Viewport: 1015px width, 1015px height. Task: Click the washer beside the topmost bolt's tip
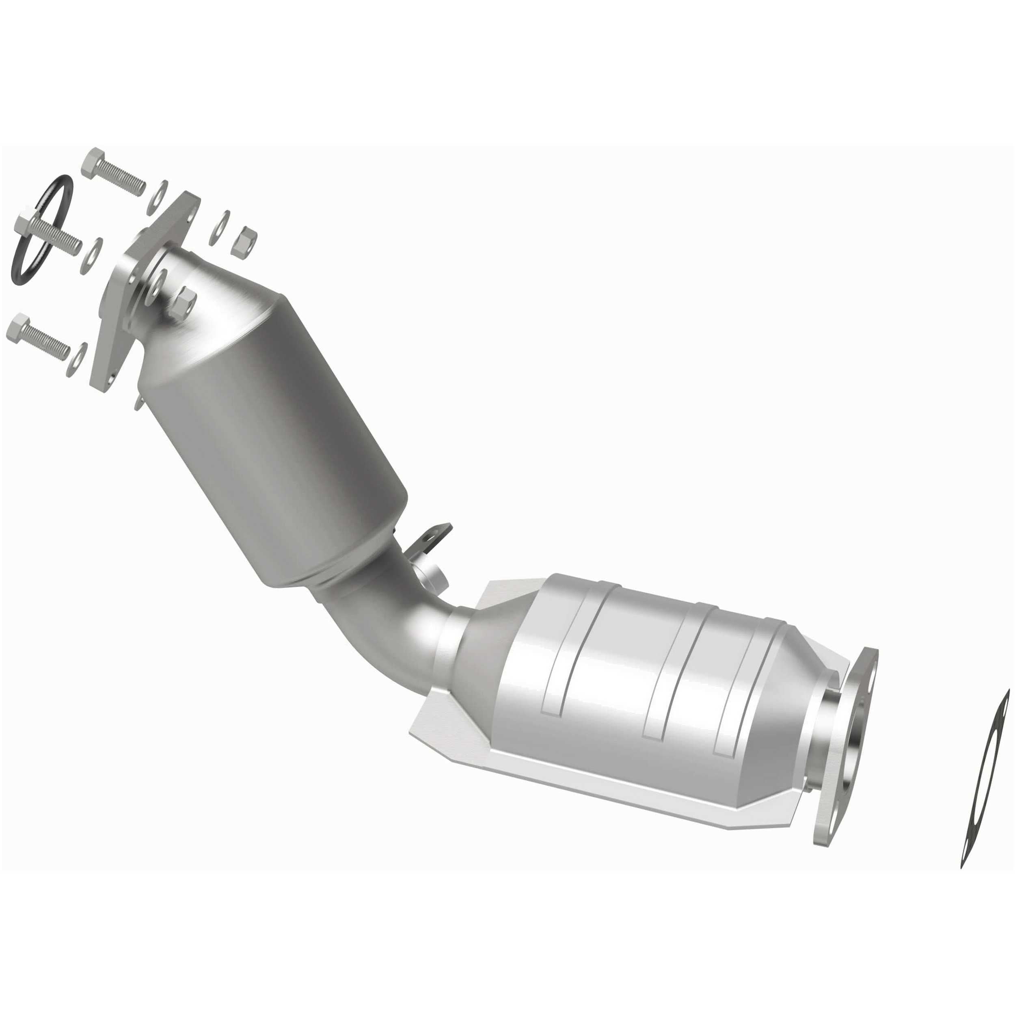[x=162, y=193]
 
